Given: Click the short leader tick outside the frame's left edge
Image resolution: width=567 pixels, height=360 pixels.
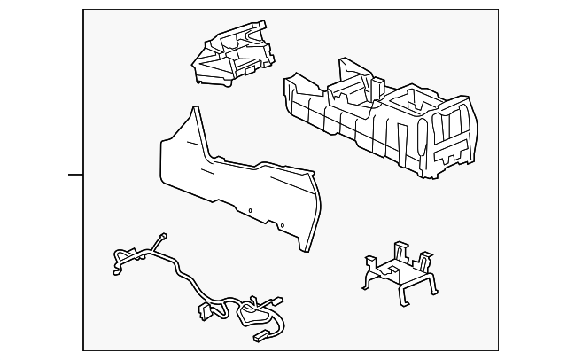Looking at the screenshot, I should click(x=75, y=175).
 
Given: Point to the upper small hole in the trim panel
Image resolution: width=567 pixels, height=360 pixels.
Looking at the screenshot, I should click(x=250, y=210).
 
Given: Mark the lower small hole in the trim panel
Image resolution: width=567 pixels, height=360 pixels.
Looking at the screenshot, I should click(x=282, y=226).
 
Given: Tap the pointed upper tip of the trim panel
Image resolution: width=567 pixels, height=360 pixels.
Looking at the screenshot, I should click(x=191, y=112).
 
